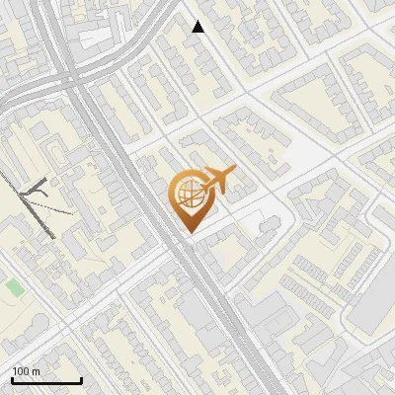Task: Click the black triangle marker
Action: (198, 27)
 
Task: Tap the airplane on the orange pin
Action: (218, 180)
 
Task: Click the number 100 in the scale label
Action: (21, 371)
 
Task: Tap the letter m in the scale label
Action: (37, 371)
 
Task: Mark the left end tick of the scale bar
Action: (12, 379)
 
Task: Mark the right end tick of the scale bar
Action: (82, 379)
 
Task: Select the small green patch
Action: (14, 286)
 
